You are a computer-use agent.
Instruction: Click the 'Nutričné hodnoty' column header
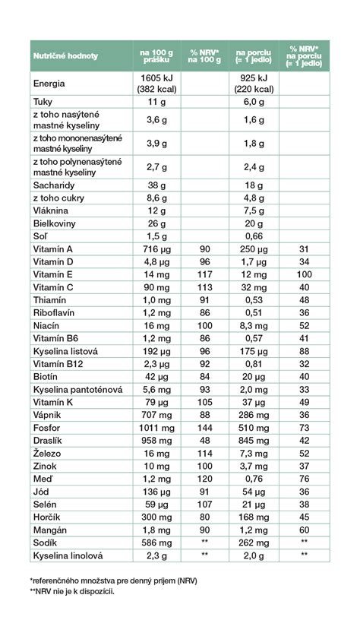[x=65, y=56]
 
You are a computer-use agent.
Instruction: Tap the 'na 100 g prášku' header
[x=156, y=56]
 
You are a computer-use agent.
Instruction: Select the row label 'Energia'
[x=49, y=84]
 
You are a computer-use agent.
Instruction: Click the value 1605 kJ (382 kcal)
[x=156, y=84]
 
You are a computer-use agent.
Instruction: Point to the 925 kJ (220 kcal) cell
[x=254, y=84]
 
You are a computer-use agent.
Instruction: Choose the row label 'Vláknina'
[x=51, y=210]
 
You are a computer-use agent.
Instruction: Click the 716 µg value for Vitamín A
[x=156, y=249]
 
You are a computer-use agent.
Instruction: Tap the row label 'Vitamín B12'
[x=58, y=364]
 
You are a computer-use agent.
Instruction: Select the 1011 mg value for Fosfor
[x=156, y=428]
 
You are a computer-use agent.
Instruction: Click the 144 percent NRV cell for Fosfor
[x=205, y=428]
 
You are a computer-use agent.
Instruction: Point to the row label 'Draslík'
[x=48, y=441]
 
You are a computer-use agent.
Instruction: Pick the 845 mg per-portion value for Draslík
[x=254, y=441]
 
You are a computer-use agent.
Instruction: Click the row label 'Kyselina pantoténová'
[x=77, y=389]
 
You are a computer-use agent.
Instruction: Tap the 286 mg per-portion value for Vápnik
[x=254, y=415]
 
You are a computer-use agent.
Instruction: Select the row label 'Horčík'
[x=46, y=517]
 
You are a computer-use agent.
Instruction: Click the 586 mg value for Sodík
[x=156, y=543]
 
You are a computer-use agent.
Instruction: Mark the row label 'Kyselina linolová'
[x=68, y=555]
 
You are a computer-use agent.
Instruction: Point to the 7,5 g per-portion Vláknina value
[x=254, y=210]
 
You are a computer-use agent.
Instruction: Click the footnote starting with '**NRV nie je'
[x=72, y=591]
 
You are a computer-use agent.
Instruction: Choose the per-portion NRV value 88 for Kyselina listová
[x=304, y=351]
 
